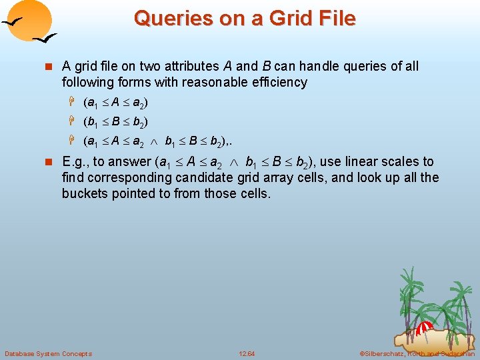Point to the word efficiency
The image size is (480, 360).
pos(275,83)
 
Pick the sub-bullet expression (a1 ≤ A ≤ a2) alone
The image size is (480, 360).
pos(116,103)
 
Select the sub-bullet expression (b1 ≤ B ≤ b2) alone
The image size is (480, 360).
pos(116,123)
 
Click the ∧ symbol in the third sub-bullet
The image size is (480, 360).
pos(155,142)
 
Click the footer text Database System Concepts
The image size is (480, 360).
pos(48,353)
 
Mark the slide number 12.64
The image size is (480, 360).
pos(247,353)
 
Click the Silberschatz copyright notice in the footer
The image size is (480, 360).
pos(417,353)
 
